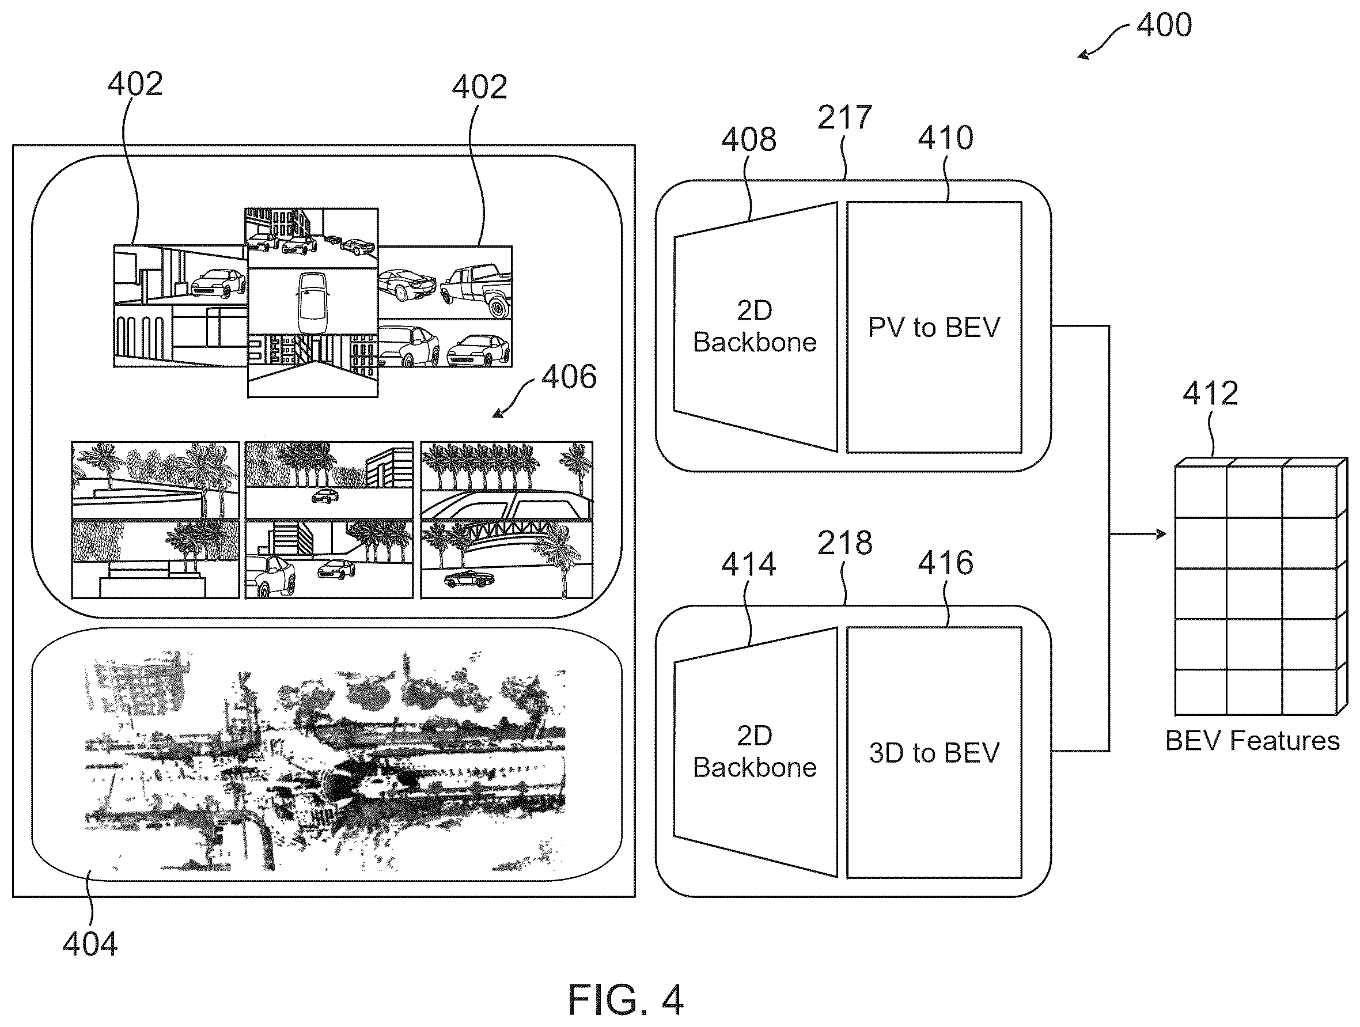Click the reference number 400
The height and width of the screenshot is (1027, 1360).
point(1164,26)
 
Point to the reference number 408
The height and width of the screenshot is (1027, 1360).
point(748,139)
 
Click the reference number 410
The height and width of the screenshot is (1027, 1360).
point(946,138)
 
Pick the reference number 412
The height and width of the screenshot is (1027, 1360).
point(1210,393)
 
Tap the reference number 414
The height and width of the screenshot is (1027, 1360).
point(748,564)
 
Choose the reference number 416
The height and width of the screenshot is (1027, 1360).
point(946,563)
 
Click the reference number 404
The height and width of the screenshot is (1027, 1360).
point(90,943)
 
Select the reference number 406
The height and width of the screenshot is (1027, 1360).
point(569,376)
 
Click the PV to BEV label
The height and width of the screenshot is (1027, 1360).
point(934,327)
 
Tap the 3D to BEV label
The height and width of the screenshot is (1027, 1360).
point(934,753)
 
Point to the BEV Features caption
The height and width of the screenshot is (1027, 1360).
point(1252,740)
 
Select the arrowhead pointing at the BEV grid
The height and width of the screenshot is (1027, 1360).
point(1161,534)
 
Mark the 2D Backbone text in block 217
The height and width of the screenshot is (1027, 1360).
point(755,327)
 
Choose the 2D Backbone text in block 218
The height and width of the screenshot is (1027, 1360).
point(755,752)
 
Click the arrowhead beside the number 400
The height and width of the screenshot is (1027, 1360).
point(1083,55)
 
